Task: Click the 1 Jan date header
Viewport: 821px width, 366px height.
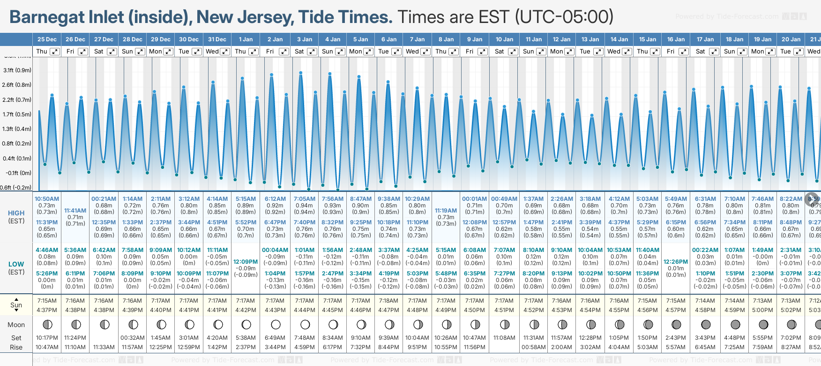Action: pyautogui.click(x=246, y=39)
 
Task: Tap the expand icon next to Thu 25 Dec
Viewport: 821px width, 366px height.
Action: pyautogui.click(x=55, y=52)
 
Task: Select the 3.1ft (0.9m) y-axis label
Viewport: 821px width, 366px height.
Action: pyautogui.click(x=17, y=70)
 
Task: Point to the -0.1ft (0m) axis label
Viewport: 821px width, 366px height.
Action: pyautogui.click(x=19, y=173)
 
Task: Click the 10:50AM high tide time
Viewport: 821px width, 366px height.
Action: pyautogui.click(x=47, y=199)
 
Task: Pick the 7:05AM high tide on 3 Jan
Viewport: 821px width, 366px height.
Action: pyautogui.click(x=304, y=199)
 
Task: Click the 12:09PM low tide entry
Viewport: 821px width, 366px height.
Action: pyautogui.click(x=246, y=262)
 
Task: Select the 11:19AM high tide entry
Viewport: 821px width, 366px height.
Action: pyautogui.click(x=446, y=211)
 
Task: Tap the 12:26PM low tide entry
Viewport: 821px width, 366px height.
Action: pyautogui.click(x=676, y=262)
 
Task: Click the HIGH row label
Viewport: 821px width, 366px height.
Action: pyautogui.click(x=16, y=213)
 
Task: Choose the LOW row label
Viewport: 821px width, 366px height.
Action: pyautogui.click(x=16, y=264)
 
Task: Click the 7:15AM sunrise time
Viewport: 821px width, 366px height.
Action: pyautogui.click(x=47, y=301)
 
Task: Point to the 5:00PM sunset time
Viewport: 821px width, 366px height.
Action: pyautogui.click(x=762, y=310)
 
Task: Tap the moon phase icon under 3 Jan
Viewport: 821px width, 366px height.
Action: pyautogui.click(x=305, y=324)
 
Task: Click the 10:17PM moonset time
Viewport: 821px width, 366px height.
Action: pyautogui.click(x=47, y=338)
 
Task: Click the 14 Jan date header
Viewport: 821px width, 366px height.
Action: pyautogui.click(x=619, y=39)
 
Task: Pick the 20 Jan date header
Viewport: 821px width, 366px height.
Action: pyautogui.click(x=791, y=39)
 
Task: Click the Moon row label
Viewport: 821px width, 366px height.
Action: pyautogui.click(x=16, y=325)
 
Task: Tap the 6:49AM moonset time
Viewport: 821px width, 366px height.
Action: pyautogui.click(x=275, y=338)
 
